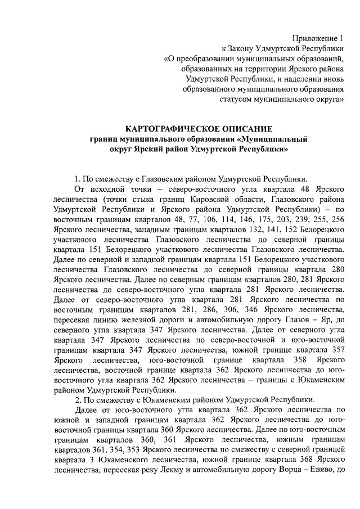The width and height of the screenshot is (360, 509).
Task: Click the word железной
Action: [136, 319]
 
